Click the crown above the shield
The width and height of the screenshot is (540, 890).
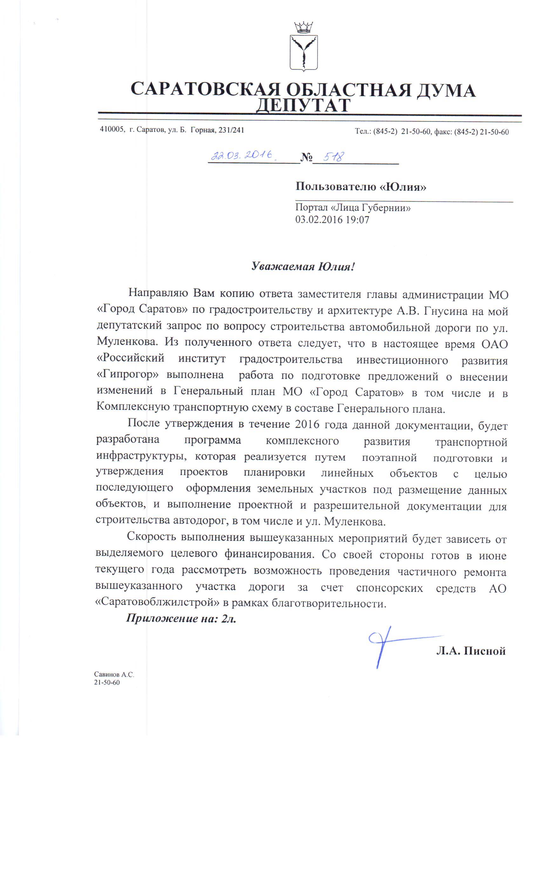pos(303,27)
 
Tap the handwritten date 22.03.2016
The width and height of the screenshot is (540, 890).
pos(242,156)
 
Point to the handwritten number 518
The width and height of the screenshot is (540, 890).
pos(333,157)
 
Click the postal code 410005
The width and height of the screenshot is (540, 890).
pos(112,130)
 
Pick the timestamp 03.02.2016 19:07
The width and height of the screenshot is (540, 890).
pos(332,220)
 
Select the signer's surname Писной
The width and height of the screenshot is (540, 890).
pos(485,651)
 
